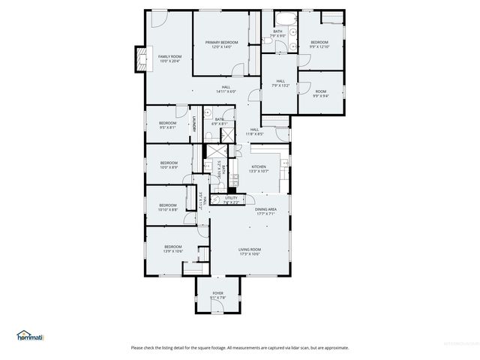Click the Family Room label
[169, 58]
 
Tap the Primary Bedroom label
[222, 43]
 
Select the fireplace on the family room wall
[139, 59]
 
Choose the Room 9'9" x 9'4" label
[320, 93]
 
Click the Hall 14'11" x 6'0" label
[226, 88]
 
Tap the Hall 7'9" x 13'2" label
[280, 82]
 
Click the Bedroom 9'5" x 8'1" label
[167, 124]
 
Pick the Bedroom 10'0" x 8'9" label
[169, 164]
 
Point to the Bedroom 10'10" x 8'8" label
[167, 207]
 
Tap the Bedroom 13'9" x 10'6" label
[173, 248]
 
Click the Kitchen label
[258, 168]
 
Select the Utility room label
[230, 199]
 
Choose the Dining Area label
[266, 211]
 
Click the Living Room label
[250, 251]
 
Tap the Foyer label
[217, 295]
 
